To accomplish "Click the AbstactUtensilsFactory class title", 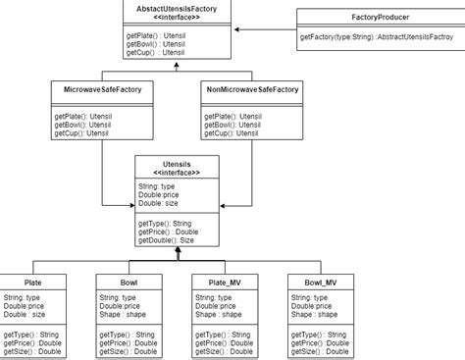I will click(177, 8).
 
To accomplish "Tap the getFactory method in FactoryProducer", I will click(376, 36).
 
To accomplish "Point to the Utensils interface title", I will click(176, 163).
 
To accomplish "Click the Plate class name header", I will click(32, 283).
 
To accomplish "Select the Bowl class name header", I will click(129, 283).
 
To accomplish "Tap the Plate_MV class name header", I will click(225, 283).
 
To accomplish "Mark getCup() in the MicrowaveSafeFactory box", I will click(82, 132).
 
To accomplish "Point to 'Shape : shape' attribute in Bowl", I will click(125, 314).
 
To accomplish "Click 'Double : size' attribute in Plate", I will click(26, 314).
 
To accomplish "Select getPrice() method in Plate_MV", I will click(225, 343).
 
